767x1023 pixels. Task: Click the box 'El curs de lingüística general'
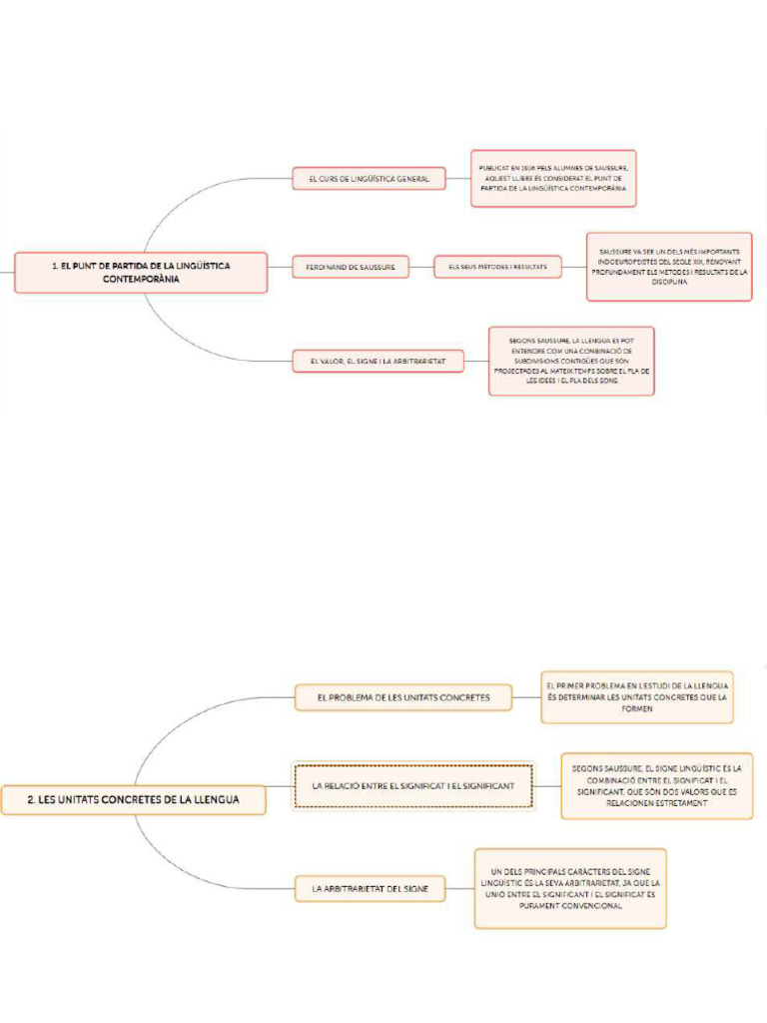[369, 179]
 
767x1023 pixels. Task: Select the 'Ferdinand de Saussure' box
[351, 267]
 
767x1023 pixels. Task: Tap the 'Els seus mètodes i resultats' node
[497, 267]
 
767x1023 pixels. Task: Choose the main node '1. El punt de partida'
[141, 272]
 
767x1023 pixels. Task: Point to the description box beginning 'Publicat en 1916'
[553, 179]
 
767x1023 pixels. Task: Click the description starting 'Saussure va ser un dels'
[668, 267]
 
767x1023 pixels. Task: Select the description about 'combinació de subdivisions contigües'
[571, 360]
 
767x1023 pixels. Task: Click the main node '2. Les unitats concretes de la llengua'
[133, 800]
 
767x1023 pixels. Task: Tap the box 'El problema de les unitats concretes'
[402, 697]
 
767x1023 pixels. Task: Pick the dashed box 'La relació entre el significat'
[413, 786]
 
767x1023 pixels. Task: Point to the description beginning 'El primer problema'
[637, 697]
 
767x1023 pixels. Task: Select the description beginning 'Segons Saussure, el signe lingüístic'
[656, 786]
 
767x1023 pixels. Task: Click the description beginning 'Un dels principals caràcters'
[569, 888]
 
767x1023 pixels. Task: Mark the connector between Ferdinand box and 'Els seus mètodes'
[421, 267]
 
